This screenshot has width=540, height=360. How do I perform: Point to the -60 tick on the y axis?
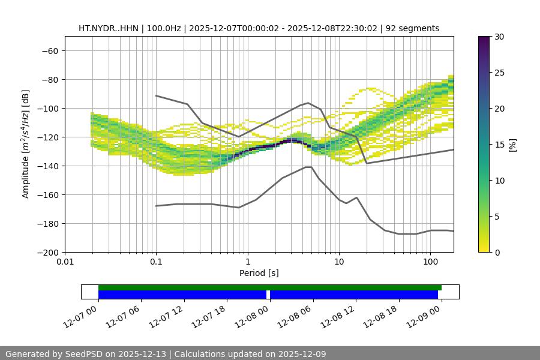pos(50,50)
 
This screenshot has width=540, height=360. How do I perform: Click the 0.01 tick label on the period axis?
pos(65,262)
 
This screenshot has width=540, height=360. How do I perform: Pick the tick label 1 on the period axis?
pos(247,262)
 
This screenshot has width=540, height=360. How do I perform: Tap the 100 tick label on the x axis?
pos(430,262)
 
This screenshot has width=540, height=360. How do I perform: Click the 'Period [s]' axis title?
pos(259,273)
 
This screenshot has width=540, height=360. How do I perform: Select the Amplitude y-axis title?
pos(26,144)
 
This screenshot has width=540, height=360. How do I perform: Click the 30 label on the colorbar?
pos(499,37)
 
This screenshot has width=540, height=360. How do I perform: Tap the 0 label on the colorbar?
pos(497,252)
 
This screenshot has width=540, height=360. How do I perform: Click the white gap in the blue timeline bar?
pos(268,295)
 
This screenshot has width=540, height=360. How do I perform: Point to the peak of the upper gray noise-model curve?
pos(308,103)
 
